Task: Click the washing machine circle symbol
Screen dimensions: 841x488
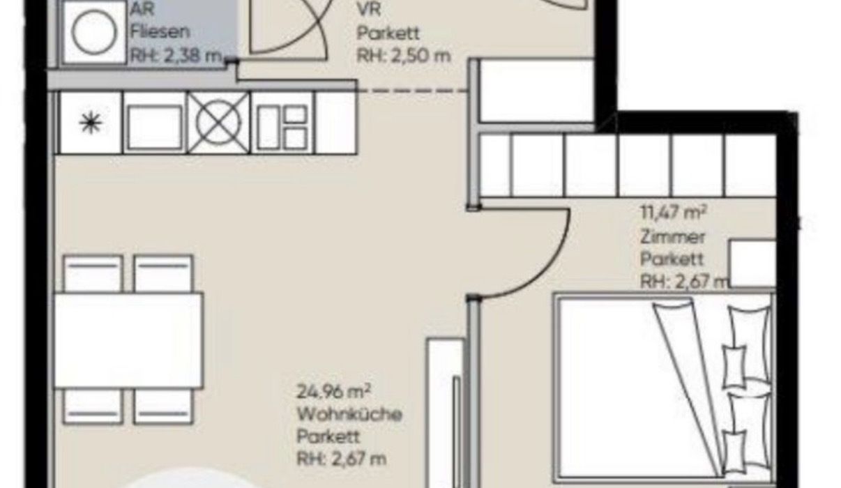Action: (x=94, y=31)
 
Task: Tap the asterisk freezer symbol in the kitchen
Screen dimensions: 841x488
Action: (x=91, y=123)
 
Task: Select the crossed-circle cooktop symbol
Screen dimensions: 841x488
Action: (x=218, y=123)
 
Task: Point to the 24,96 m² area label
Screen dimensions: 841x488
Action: (x=333, y=392)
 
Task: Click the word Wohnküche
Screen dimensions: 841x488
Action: (x=349, y=414)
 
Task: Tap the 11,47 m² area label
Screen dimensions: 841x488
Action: (x=674, y=213)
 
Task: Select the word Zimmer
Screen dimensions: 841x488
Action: (x=672, y=237)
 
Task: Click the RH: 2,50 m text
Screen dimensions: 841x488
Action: (x=403, y=56)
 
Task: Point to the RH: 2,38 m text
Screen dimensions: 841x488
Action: (x=176, y=56)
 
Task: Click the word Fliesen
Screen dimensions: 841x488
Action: (x=160, y=31)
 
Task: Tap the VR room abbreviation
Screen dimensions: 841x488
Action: (x=369, y=10)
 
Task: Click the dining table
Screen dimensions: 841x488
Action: (x=128, y=340)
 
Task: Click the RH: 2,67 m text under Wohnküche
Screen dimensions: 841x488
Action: (x=341, y=459)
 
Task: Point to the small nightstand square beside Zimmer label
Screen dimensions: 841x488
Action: (x=752, y=264)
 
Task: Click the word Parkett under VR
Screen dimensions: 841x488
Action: (x=388, y=33)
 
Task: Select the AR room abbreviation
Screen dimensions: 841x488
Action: (x=142, y=9)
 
